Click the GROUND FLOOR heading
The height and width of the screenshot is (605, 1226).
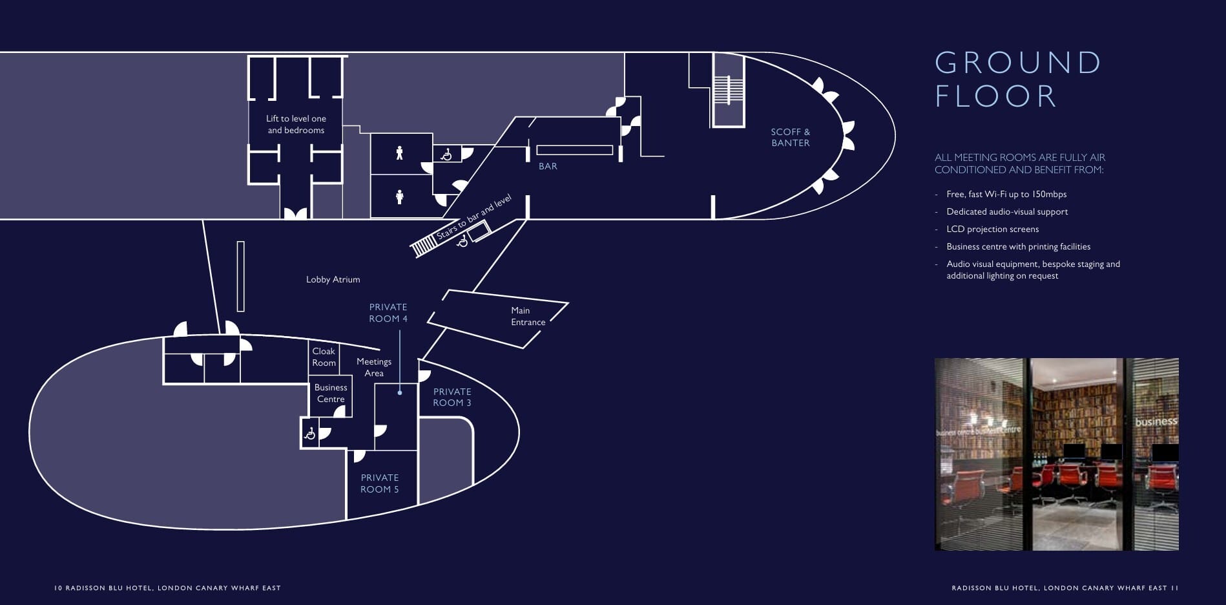click(1018, 80)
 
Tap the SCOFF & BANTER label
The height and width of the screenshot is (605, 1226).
click(791, 137)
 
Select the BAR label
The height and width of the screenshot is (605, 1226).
click(548, 166)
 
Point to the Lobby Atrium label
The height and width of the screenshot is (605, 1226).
click(333, 279)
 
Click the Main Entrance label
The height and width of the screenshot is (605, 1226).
click(528, 316)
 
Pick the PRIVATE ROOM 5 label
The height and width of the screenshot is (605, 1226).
click(380, 483)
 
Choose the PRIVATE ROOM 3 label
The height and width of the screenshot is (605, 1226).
click(452, 397)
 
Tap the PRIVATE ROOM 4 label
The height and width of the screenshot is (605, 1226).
click(388, 313)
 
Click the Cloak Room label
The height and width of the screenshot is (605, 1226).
click(324, 357)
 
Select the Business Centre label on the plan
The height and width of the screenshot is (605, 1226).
click(331, 393)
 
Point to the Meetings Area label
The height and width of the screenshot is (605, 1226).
click(374, 367)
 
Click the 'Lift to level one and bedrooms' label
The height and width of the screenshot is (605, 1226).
click(296, 124)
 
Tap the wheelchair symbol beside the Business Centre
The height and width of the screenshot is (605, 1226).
click(310, 433)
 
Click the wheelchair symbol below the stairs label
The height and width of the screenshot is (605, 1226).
click(462, 241)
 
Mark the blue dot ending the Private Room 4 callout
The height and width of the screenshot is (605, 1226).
click(400, 392)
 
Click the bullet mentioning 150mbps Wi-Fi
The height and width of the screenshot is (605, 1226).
click(1001, 194)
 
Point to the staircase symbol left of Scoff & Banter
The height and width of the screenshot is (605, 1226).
click(729, 90)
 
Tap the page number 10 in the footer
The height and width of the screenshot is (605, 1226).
click(57, 588)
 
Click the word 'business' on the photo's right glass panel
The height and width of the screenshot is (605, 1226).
click(1156, 421)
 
